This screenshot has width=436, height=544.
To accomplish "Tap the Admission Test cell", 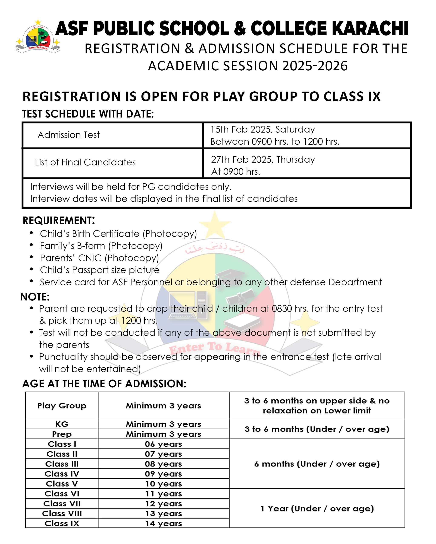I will [x=69, y=135].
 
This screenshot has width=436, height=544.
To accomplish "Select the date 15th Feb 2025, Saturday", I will [x=263, y=129].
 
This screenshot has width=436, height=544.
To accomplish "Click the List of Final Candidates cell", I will [x=85, y=162].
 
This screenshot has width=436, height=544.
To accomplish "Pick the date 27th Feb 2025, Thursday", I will [x=263, y=159].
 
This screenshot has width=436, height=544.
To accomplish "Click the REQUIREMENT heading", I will [x=59, y=221].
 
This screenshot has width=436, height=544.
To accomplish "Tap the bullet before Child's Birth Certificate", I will [x=31, y=233].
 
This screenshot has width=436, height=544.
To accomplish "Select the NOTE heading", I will [x=35, y=297].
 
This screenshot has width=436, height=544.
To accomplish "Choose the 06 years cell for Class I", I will [x=163, y=444].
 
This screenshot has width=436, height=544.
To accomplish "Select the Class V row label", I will [x=62, y=484].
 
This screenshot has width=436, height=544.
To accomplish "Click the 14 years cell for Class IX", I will [x=163, y=524].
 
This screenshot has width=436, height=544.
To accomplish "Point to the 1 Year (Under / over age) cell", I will [x=317, y=509].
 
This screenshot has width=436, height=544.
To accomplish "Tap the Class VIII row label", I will [x=62, y=514].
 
